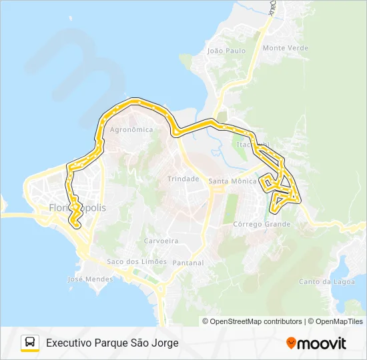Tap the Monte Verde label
point(285,48)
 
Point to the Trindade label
point(183,179)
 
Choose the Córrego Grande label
point(262,224)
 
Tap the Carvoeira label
point(160,241)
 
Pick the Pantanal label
point(188,263)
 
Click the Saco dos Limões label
point(137,261)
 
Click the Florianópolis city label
point(77,208)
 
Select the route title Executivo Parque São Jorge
point(112,343)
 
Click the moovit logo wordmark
point(322,343)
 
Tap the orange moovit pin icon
point(291,343)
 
